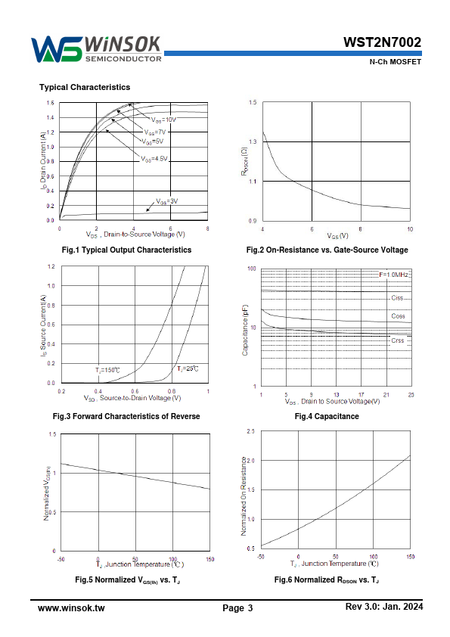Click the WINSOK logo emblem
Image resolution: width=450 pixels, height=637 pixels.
[x=57, y=49]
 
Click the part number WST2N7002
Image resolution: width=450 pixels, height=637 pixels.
[x=382, y=42]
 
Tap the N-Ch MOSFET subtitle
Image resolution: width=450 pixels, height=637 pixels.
[x=396, y=62]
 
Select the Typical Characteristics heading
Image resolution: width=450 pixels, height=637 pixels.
[x=85, y=87]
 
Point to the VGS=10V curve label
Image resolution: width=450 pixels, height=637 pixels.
[x=163, y=120]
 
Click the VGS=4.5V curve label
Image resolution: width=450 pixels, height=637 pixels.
[x=154, y=159]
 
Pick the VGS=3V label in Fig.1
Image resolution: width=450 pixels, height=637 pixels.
[x=167, y=201]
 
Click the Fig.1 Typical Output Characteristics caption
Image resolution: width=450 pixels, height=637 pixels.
[x=126, y=250]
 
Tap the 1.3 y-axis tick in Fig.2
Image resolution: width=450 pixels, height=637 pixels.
[x=253, y=141]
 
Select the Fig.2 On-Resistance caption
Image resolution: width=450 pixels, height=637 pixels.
[x=327, y=250]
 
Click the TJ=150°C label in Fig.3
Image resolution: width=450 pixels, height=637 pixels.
[x=107, y=370]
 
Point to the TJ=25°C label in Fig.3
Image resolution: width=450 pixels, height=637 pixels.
[x=188, y=369]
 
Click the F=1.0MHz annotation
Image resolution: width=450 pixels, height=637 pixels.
[x=393, y=275]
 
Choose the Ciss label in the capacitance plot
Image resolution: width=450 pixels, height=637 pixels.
[x=397, y=298]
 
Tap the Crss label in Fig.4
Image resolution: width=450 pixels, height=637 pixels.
[x=398, y=340]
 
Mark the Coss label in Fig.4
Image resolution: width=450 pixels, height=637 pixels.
[x=398, y=316]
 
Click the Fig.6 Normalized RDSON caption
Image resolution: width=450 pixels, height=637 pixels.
[x=327, y=580]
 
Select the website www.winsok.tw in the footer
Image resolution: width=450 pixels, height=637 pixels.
[x=71, y=608]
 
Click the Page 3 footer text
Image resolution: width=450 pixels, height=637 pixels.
[x=237, y=608]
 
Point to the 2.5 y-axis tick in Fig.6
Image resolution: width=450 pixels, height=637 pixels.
[x=250, y=431]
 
